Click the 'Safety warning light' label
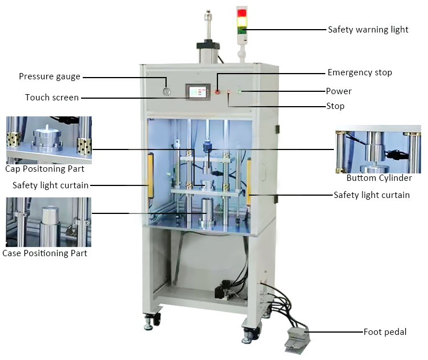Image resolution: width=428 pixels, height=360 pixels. [368, 30]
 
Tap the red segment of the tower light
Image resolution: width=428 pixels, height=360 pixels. [242, 12]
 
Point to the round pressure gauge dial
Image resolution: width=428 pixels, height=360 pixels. [166, 91]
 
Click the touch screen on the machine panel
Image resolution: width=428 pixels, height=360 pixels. [197, 91]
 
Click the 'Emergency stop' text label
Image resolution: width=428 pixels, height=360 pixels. [360, 72]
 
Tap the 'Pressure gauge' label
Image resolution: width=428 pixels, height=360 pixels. [50, 76]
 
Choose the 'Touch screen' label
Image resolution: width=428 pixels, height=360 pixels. [52, 98]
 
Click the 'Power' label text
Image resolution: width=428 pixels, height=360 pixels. [338, 91]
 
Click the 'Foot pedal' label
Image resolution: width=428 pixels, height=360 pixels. [385, 331]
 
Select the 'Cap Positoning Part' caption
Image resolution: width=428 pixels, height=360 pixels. [45, 169]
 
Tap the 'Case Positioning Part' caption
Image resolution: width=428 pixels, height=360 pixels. [45, 253]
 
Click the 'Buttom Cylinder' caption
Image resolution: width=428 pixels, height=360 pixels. [379, 178]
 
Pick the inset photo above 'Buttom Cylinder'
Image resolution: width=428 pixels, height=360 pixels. [374, 151]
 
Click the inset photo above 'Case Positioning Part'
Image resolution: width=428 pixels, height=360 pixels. [49, 222]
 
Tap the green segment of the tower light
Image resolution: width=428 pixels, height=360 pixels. [242, 29]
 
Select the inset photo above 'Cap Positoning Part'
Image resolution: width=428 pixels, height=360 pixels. [49, 140]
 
